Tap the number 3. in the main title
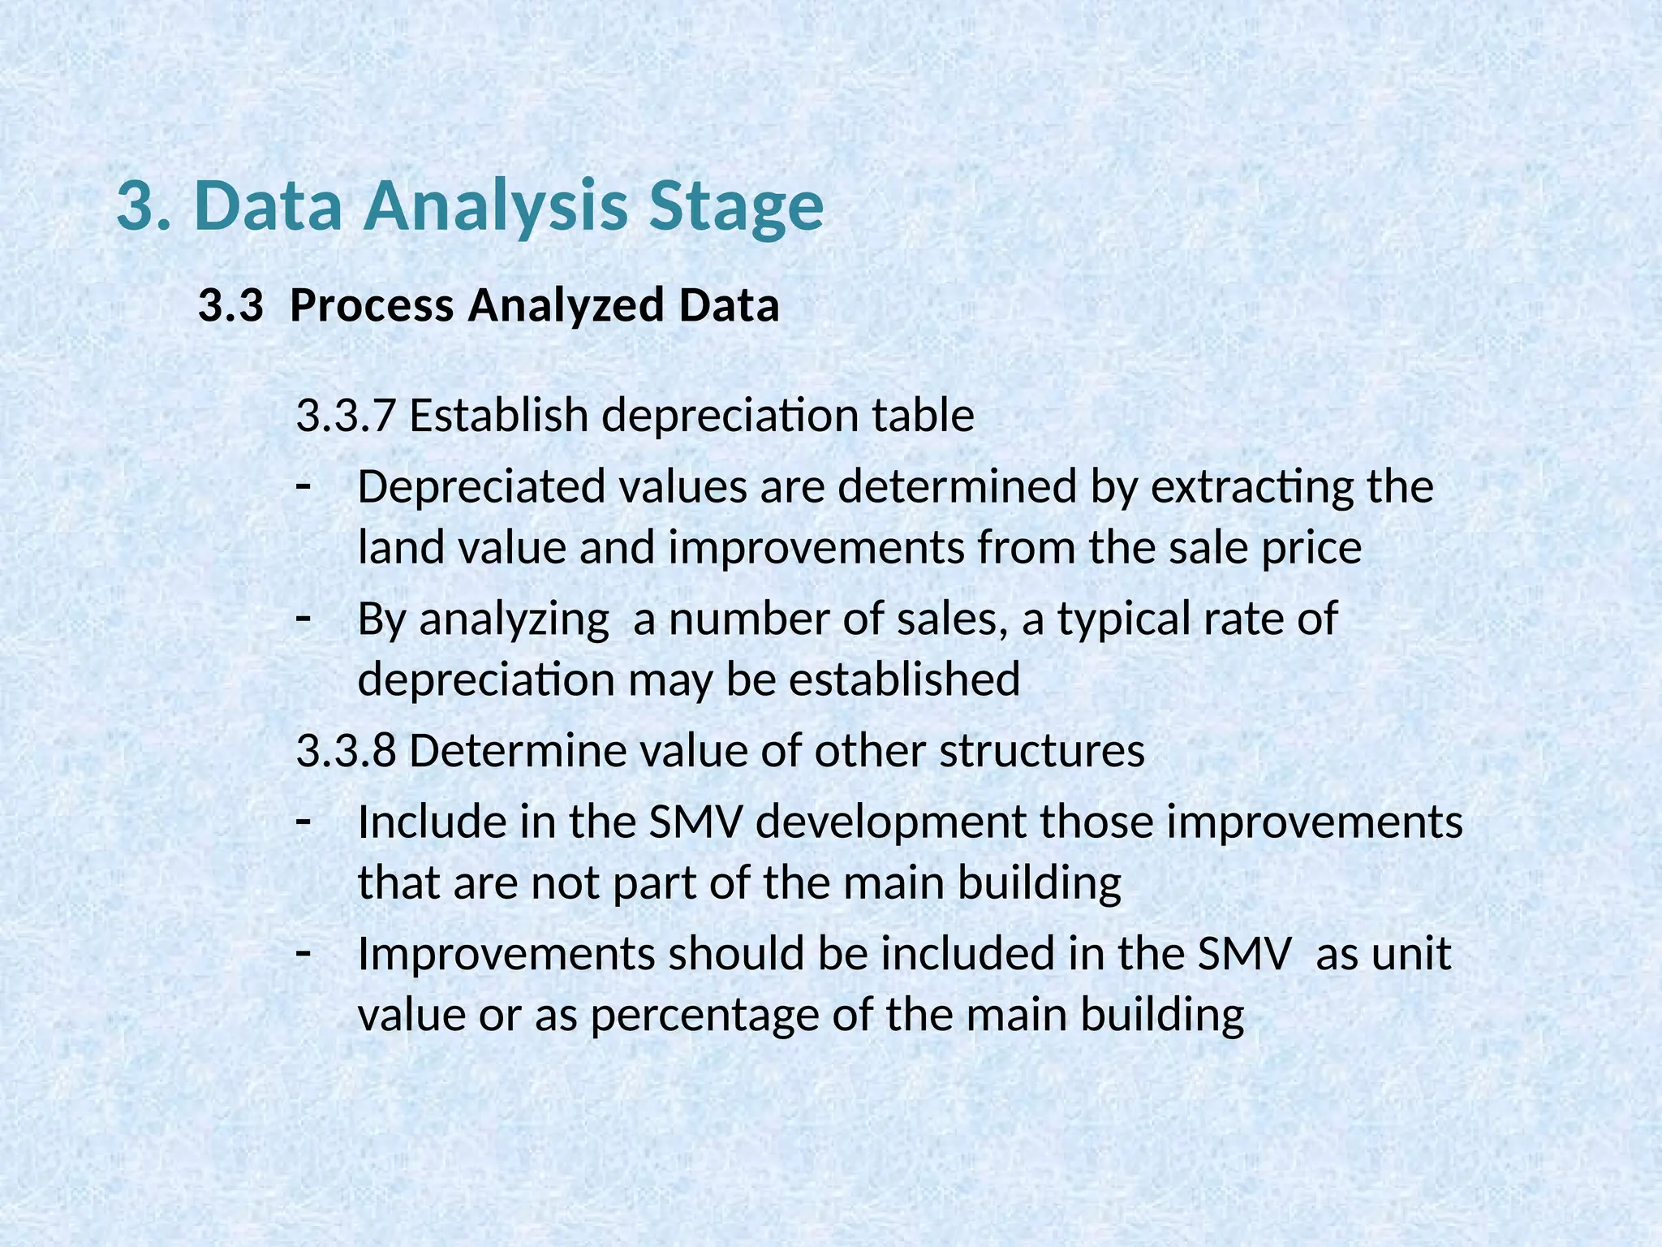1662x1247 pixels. [x=144, y=206]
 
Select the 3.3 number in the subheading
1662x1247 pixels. [x=230, y=306]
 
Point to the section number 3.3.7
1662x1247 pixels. [x=346, y=416]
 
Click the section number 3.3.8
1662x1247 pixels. [x=346, y=750]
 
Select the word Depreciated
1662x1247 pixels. [x=481, y=487]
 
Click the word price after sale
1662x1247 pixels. [x=1311, y=549]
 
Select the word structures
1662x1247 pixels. [x=1042, y=751]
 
